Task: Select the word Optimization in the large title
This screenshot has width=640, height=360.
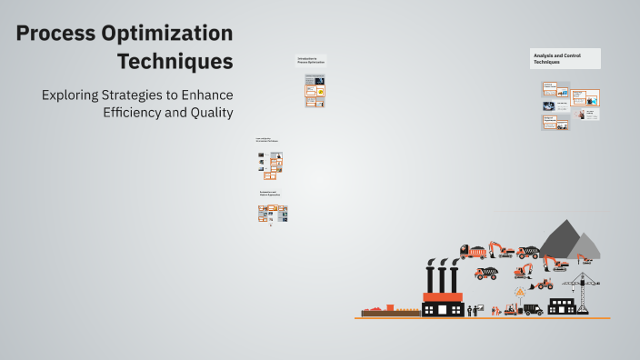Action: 175,35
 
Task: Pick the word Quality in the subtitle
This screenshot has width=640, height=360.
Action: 213,113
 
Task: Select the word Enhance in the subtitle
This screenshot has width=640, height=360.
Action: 205,95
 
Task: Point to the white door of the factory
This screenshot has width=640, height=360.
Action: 443,310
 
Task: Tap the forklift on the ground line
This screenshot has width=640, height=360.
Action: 512,309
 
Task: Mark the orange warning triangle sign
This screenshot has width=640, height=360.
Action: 520,292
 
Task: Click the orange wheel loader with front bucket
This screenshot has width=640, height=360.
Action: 543,284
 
